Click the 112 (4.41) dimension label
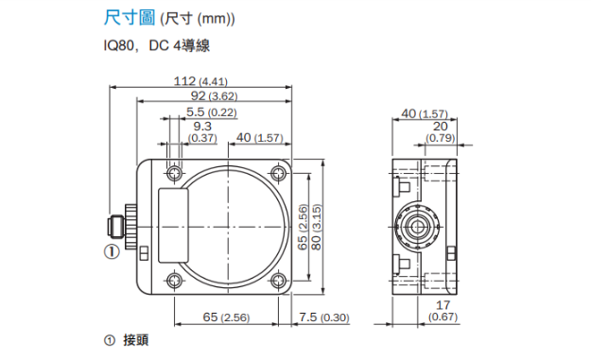click(x=200, y=81)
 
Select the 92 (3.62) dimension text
click(x=214, y=95)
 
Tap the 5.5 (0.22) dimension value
click(x=212, y=111)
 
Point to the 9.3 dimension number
click(x=202, y=127)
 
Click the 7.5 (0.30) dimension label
click(x=324, y=317)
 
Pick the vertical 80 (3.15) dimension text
click(x=317, y=227)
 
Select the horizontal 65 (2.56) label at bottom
click(x=226, y=317)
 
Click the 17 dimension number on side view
click(x=443, y=304)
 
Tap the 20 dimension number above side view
click(x=441, y=127)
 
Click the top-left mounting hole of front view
click(x=174, y=174)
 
